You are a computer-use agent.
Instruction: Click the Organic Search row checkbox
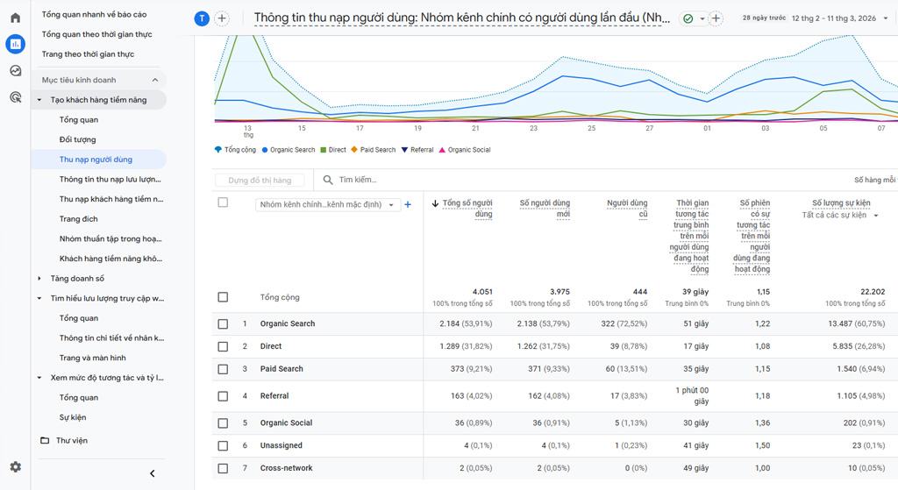223,324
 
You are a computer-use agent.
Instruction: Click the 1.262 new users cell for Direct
538,346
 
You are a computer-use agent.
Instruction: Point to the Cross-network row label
286,468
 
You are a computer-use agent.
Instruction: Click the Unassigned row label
281,446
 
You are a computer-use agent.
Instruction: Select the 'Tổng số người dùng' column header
467,209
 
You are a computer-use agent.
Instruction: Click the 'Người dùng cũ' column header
627,209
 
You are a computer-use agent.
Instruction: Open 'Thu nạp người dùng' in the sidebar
96,160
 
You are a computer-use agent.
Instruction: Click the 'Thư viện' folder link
72,440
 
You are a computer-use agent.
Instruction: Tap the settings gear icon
15,467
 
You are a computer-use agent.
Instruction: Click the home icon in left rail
15,18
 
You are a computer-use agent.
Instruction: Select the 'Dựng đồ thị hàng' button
260,180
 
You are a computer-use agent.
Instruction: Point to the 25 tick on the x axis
592,128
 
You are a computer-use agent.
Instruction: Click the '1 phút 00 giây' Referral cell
691,396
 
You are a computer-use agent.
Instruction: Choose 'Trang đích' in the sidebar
79,219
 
